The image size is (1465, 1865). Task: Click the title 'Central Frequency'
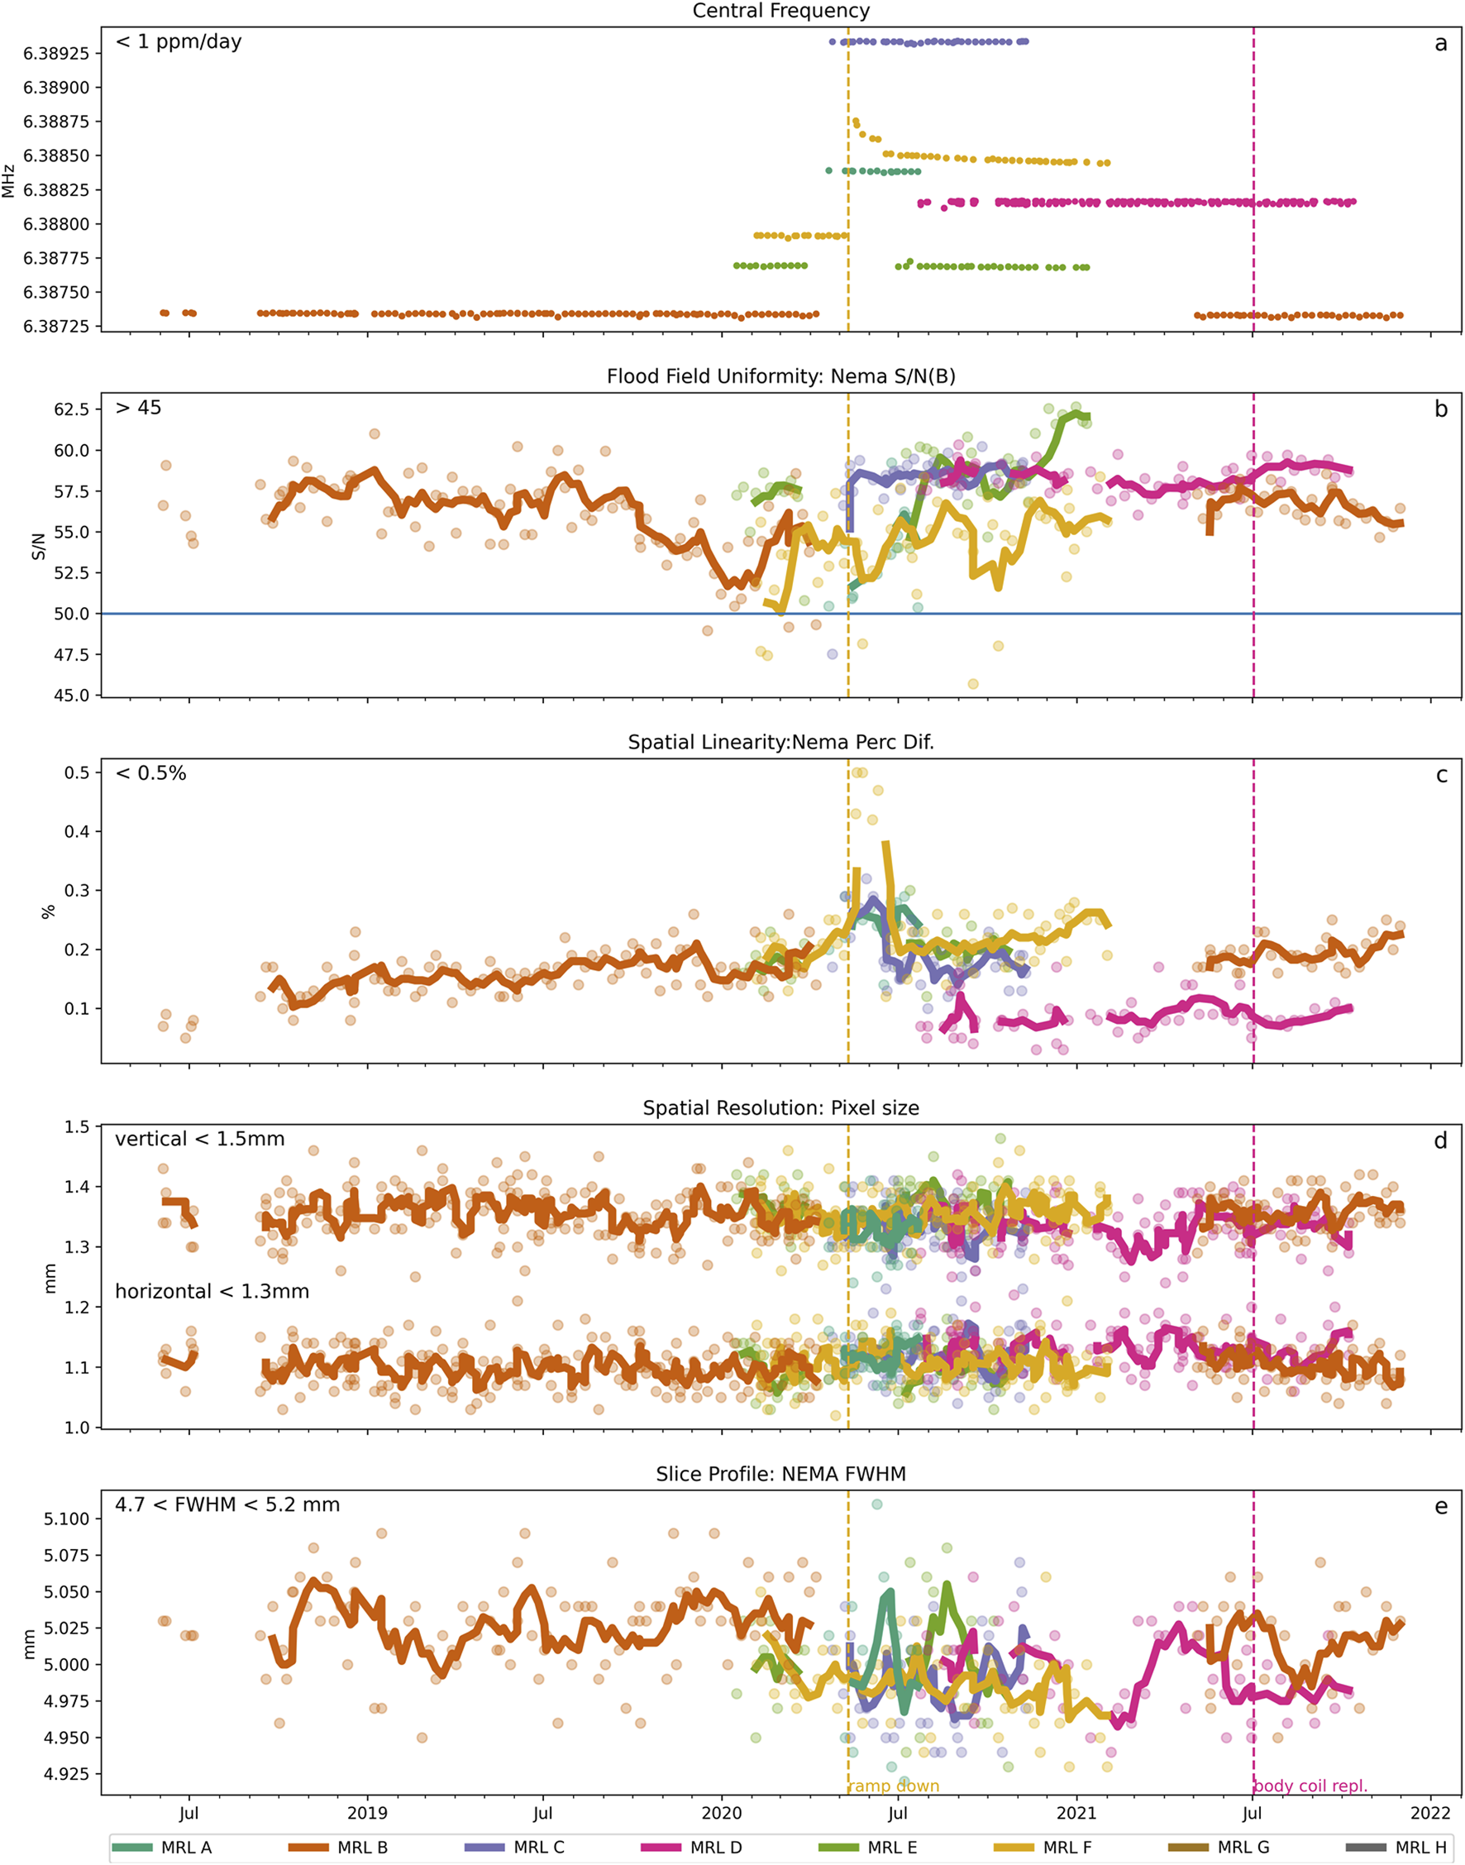tap(780, 11)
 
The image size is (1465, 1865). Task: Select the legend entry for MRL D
tap(715, 1847)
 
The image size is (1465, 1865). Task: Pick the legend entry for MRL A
tap(186, 1847)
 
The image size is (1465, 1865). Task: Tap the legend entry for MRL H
tap(1420, 1847)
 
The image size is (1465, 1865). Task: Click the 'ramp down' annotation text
tap(894, 1786)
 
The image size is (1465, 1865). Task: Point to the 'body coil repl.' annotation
tap(1310, 1786)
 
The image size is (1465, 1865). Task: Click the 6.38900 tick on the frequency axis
tap(61, 88)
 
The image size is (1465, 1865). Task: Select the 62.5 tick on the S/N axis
tap(71, 409)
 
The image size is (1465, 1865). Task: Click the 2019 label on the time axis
tap(367, 1813)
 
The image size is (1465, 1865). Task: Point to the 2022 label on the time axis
tap(1429, 1813)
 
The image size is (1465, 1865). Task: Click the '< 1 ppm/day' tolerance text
tap(179, 42)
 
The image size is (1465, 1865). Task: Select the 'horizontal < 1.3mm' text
tap(212, 1291)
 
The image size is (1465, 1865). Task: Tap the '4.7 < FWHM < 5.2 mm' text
tap(227, 1504)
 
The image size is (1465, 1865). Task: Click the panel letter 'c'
tap(1441, 776)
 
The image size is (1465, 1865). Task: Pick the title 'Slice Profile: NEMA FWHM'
tap(780, 1474)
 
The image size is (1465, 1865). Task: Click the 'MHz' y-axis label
tap(9, 180)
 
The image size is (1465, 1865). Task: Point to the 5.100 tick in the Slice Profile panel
tap(66, 1519)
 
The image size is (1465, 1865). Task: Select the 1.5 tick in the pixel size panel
tap(76, 1126)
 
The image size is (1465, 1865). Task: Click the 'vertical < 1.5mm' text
tap(200, 1139)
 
